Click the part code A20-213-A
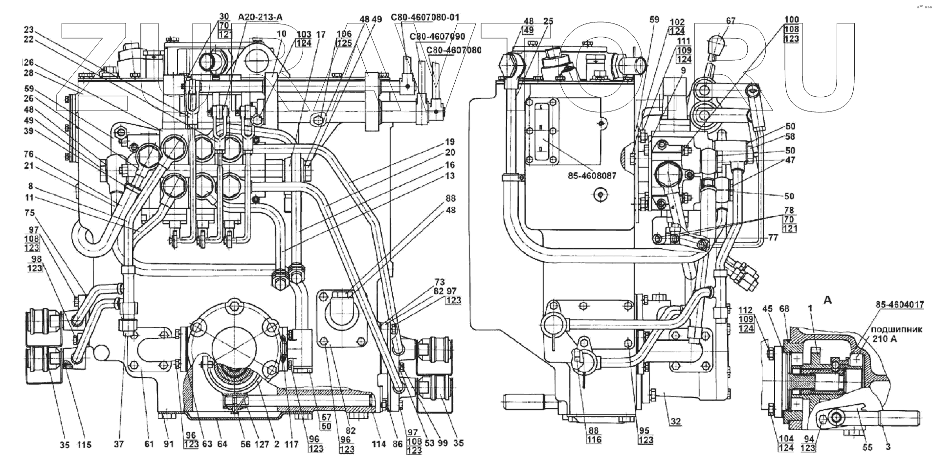tap(261, 18)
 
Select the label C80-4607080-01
tap(425, 18)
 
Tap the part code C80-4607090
tap(438, 37)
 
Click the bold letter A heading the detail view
tap(827, 301)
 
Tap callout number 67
tap(731, 21)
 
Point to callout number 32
tap(676, 421)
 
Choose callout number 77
tap(773, 238)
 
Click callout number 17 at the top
tap(320, 35)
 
